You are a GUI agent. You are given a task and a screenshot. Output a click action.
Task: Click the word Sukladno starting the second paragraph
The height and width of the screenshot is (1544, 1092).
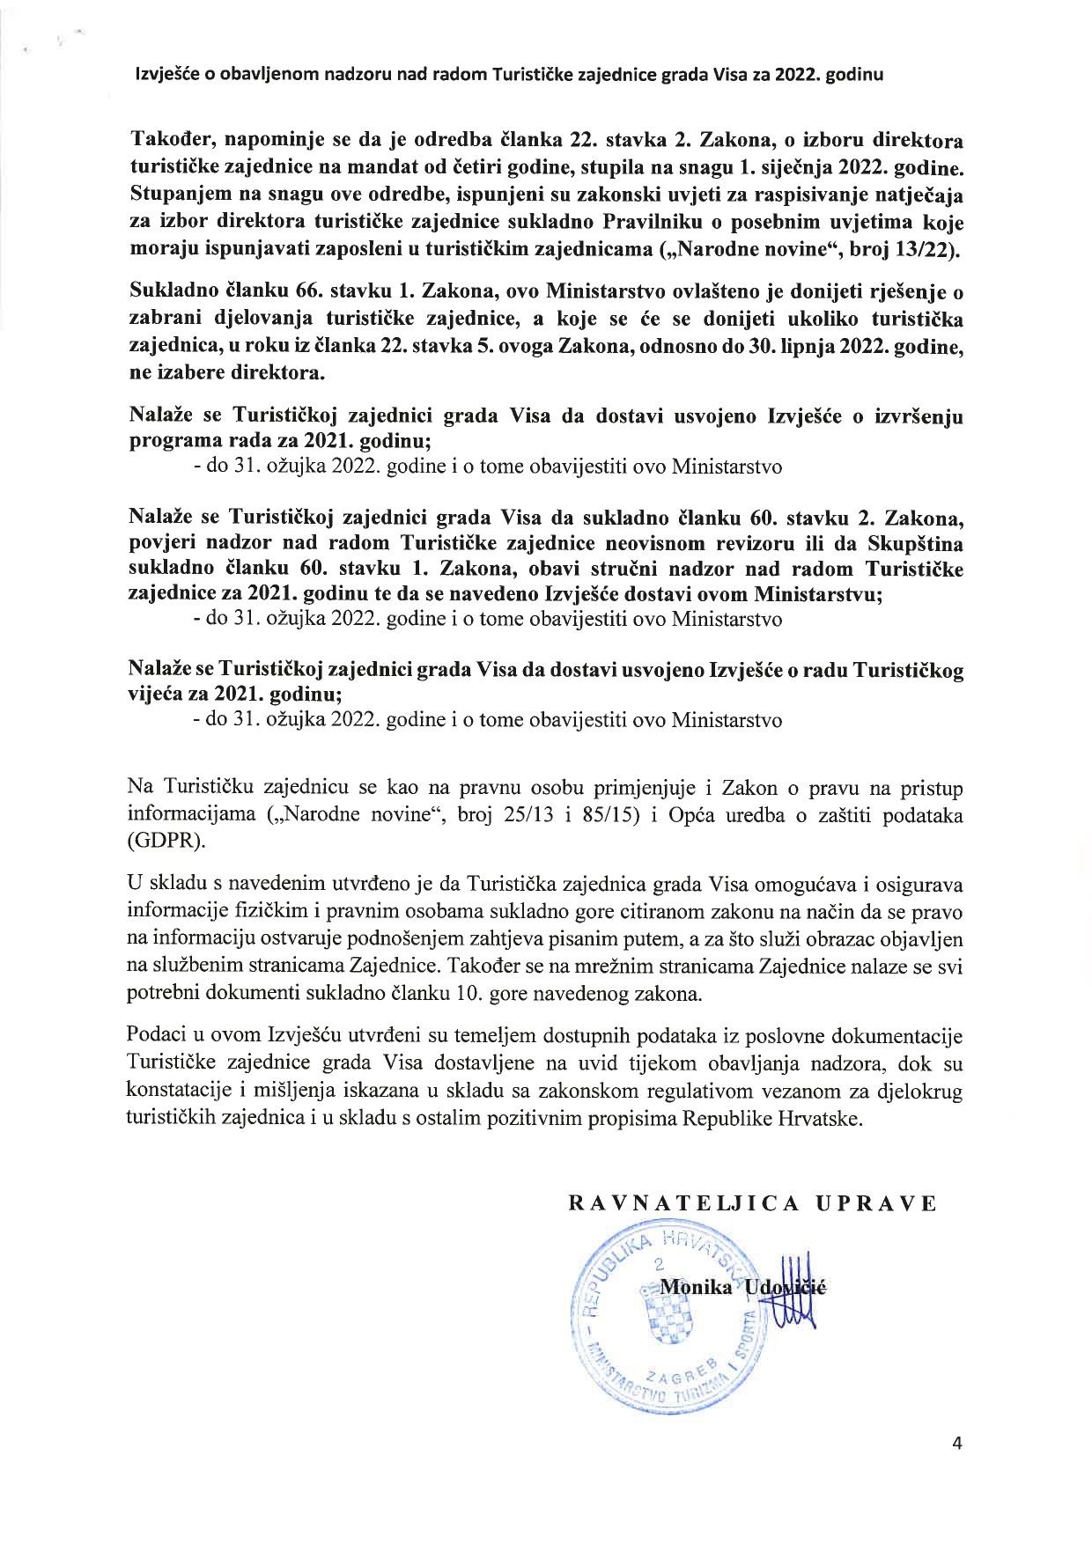(172, 292)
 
